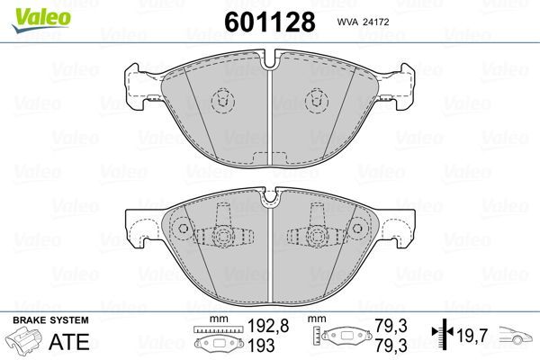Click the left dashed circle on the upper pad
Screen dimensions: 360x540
(220, 99)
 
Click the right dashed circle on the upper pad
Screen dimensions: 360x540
(317, 99)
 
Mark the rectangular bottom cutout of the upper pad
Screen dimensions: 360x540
(269, 159)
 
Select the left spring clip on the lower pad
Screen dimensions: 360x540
(221, 236)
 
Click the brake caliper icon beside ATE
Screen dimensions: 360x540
(24, 343)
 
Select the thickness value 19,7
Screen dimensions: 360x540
(473, 337)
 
